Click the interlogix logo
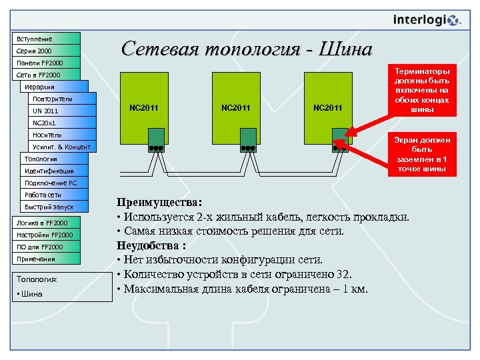[427, 21]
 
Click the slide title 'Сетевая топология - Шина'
[246, 49]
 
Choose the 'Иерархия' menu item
[53, 87]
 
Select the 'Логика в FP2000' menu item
[47, 222]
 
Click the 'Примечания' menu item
[47, 259]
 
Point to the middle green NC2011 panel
[236, 107]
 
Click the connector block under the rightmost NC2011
[340, 147]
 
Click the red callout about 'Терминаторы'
[422, 90]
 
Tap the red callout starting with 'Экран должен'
[422, 155]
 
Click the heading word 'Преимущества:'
[159, 202]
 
